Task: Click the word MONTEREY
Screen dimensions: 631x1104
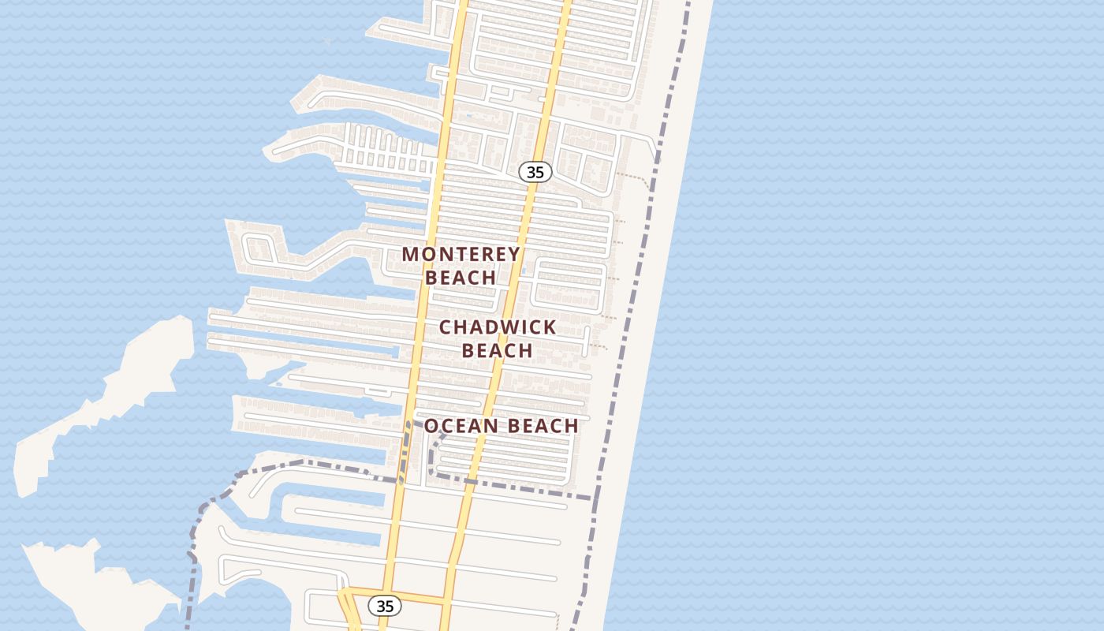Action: click(461, 254)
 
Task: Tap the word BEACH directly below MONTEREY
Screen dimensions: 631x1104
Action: click(461, 278)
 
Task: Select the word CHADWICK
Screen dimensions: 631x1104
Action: click(498, 327)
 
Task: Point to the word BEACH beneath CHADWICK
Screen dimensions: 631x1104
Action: click(498, 349)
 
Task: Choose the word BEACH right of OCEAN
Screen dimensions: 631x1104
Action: click(543, 426)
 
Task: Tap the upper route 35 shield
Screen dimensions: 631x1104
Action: click(535, 172)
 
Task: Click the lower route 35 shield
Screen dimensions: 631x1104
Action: click(385, 606)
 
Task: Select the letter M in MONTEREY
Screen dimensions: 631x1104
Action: click(411, 254)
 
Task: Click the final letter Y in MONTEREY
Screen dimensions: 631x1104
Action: click(514, 254)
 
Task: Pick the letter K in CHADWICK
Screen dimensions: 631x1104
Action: click(550, 327)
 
